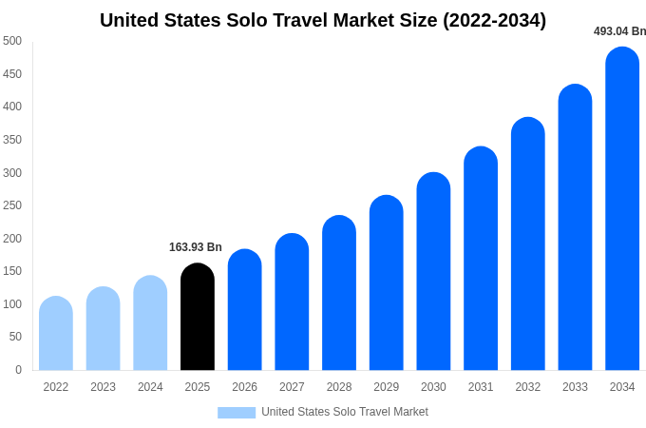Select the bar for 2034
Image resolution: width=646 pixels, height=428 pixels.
click(622, 209)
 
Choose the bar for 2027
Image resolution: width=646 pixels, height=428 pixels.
click(292, 302)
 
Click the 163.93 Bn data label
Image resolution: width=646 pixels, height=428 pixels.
click(196, 247)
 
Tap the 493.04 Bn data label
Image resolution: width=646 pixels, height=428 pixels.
click(619, 31)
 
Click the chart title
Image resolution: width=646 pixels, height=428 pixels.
click(323, 20)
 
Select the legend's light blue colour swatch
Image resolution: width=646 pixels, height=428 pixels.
click(237, 412)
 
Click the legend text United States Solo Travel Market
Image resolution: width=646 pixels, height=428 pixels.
click(345, 412)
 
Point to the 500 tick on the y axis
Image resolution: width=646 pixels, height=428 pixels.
click(12, 41)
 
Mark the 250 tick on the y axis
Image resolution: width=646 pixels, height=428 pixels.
click(12, 205)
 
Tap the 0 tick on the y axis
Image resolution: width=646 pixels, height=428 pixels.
click(18, 370)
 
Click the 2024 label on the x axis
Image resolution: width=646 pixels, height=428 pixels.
click(150, 387)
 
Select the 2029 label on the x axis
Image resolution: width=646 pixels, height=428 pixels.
click(386, 387)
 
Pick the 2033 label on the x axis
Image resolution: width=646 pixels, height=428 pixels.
click(575, 387)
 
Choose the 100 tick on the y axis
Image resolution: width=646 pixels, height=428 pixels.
click(12, 304)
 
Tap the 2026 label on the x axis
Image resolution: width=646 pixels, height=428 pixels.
click(244, 387)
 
